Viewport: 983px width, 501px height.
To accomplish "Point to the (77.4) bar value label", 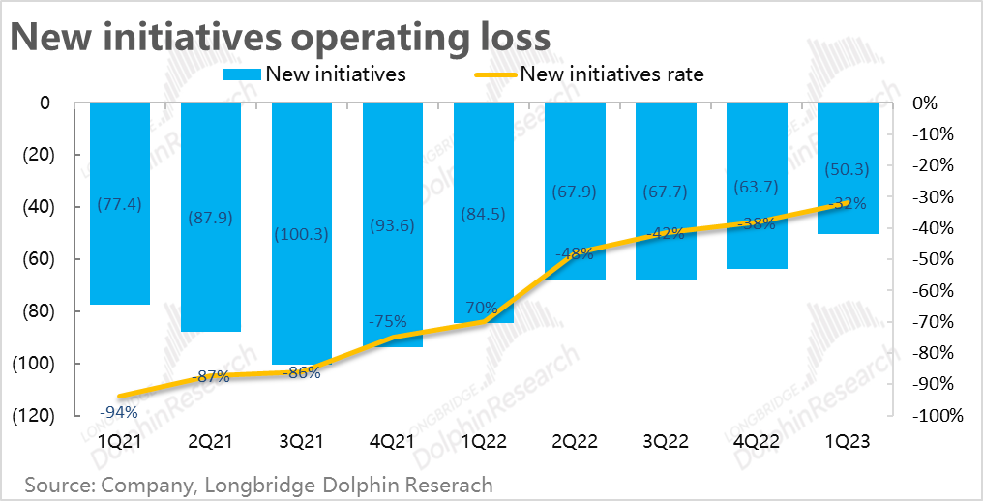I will point(120,203).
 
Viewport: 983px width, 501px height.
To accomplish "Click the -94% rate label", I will point(120,412).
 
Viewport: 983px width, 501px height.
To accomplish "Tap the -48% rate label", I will point(575,254).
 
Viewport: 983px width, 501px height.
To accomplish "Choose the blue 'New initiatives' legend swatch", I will point(241,74).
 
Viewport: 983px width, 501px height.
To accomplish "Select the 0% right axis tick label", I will point(925,103).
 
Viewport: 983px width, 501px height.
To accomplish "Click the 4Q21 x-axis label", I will point(393,441).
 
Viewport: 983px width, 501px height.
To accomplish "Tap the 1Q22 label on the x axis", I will point(484,441).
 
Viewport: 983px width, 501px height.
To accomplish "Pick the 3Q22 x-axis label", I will point(666,441).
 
